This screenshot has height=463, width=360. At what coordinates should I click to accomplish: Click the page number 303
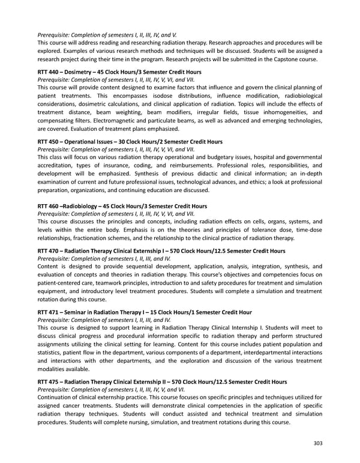tap(318, 444)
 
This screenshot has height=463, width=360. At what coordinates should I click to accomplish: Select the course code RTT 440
tap(48, 72)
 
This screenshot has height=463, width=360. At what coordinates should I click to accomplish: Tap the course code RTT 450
tap(48, 142)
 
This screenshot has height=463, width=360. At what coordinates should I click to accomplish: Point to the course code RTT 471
tap(48, 312)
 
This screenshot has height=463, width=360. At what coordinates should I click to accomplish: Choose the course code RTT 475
tap(48, 381)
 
